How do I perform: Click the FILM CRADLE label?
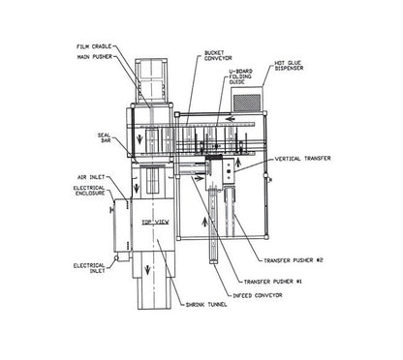tap(94, 46)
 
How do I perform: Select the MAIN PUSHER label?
tap(95, 57)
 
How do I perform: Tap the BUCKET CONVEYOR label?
tap(218, 55)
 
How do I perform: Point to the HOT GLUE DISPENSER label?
tap(289, 66)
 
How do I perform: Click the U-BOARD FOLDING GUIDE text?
tap(241, 76)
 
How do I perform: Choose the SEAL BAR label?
tap(104, 137)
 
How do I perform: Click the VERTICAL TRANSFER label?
tap(303, 159)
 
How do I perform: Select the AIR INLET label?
tap(91, 177)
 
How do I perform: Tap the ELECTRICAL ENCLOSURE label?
tap(89, 191)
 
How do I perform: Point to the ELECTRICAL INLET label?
tap(89, 268)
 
